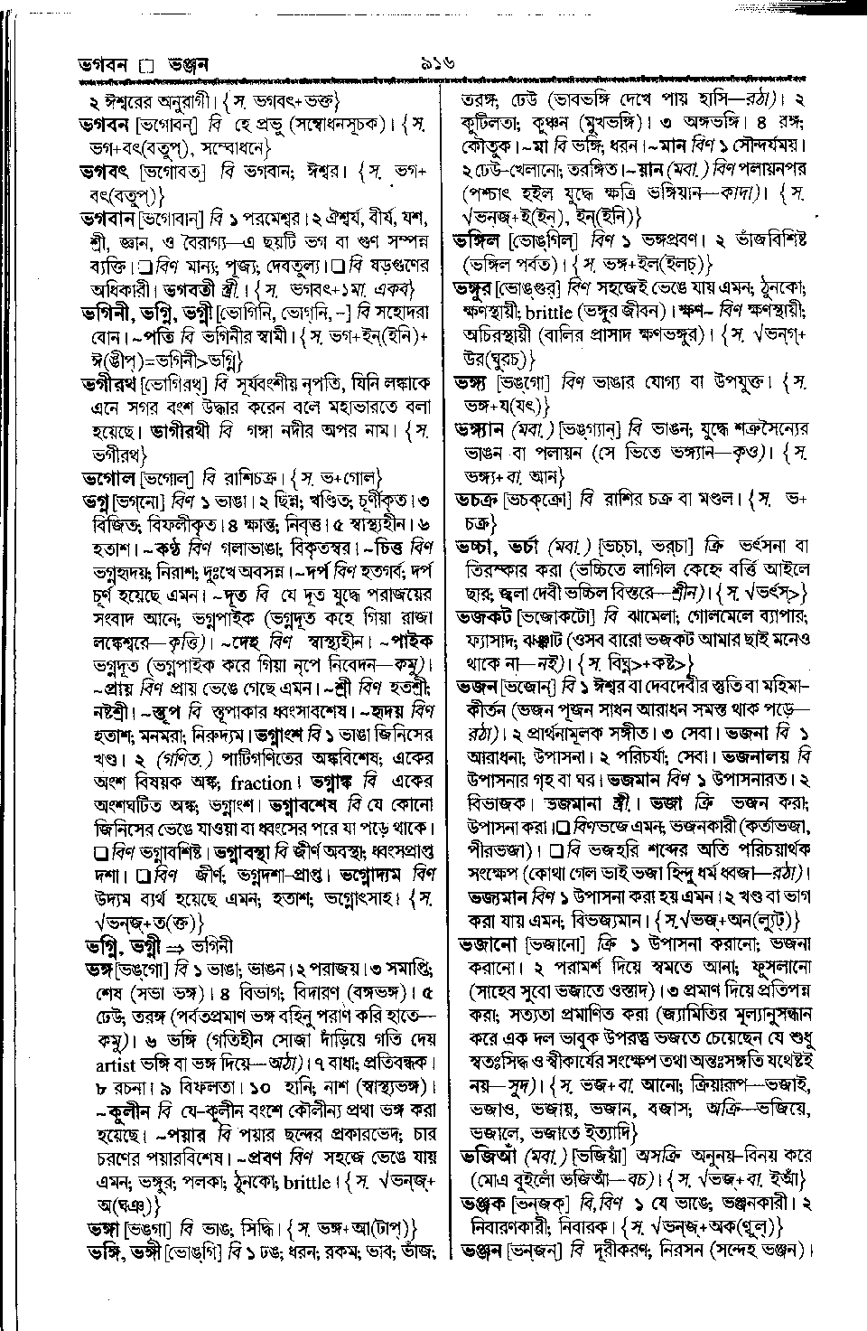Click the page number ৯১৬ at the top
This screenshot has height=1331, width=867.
pos(435,64)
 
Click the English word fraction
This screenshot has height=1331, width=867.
pos(261,783)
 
